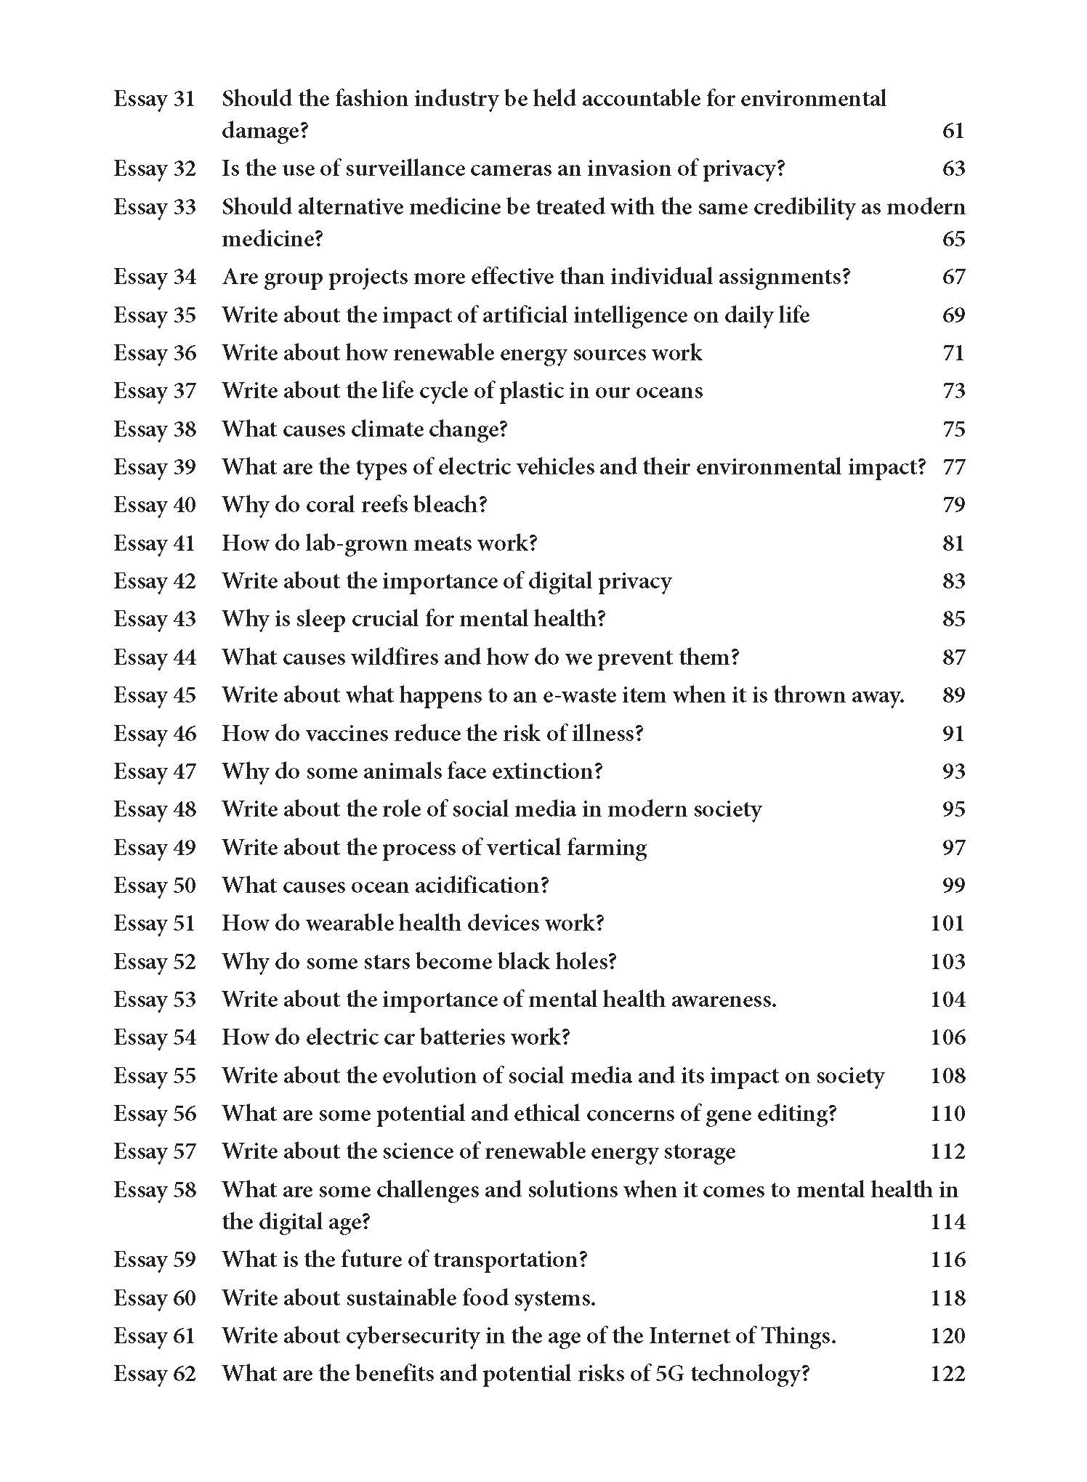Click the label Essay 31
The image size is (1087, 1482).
click(x=155, y=99)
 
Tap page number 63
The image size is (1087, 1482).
click(x=953, y=169)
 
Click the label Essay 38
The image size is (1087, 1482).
click(x=155, y=429)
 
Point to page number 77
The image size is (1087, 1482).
click(x=953, y=466)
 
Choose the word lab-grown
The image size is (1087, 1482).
click(x=351, y=543)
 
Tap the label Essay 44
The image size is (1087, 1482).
click(x=155, y=657)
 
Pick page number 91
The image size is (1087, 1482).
click(x=953, y=733)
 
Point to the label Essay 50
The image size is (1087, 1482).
click(x=155, y=885)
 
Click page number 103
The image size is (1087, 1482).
click(x=947, y=961)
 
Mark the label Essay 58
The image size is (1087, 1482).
click(x=155, y=1189)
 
